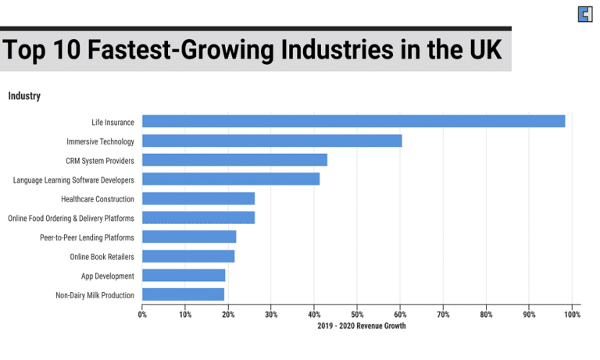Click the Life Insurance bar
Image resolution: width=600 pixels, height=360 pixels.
tap(353, 122)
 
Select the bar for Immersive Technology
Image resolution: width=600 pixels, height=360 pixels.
tap(272, 141)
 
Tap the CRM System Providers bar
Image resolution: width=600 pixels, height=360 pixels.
tap(234, 160)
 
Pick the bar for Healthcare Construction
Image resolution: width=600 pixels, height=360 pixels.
tap(198, 198)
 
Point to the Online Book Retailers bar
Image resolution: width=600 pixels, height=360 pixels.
tap(188, 256)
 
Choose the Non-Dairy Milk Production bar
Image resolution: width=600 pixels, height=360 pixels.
tap(183, 295)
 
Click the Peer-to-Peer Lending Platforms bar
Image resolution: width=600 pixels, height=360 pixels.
tap(189, 237)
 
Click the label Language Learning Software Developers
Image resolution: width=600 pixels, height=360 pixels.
tap(73, 180)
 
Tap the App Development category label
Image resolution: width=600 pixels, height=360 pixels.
tap(108, 276)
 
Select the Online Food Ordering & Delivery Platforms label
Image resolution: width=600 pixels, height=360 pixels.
tap(71, 218)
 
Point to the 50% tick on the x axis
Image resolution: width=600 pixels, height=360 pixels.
tap(357, 315)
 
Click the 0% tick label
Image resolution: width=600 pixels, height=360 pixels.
tap(142, 315)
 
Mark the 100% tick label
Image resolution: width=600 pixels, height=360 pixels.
tap(571, 315)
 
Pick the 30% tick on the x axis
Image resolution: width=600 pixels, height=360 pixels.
tap(271, 315)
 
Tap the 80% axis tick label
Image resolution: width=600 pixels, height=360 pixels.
tap(486, 315)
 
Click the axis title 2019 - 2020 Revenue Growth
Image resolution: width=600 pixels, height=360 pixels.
tap(361, 326)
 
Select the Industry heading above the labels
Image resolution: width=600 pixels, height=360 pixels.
tap(24, 96)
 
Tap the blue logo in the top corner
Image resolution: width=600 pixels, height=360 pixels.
tap(584, 14)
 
